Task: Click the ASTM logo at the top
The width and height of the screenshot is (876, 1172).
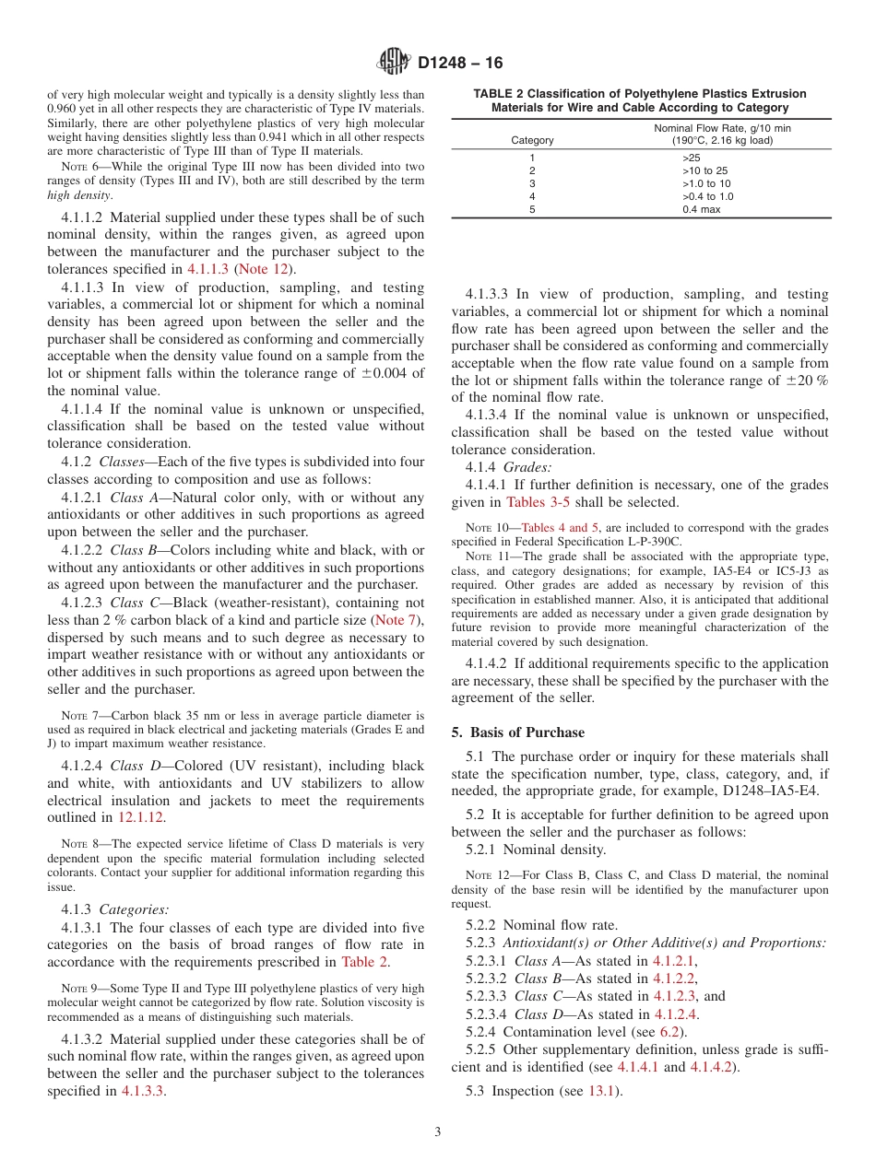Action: (x=394, y=63)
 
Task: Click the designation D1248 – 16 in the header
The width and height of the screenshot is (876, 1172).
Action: (x=460, y=64)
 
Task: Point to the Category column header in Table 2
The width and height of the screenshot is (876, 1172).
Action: (x=532, y=140)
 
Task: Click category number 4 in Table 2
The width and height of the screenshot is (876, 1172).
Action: (x=532, y=196)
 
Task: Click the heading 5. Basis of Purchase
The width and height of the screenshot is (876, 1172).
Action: (x=517, y=732)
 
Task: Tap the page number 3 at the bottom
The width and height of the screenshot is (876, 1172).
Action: (x=438, y=1132)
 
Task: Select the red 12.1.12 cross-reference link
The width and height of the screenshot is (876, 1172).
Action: (x=141, y=817)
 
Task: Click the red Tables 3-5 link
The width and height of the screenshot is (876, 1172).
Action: (x=539, y=502)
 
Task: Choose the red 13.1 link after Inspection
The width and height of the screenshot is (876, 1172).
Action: (x=604, y=1092)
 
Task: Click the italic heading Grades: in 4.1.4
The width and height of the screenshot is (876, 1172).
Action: (x=527, y=467)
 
